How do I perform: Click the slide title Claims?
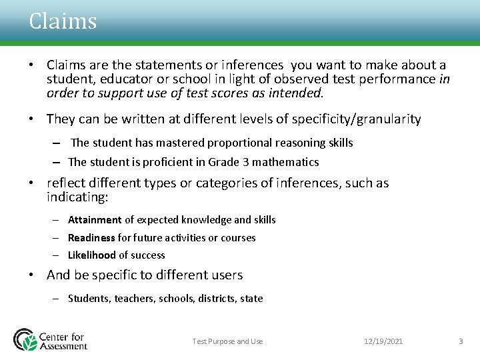[x=63, y=21]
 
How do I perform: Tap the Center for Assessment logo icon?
[x=25, y=339]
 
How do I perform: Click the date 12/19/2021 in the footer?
[x=383, y=341]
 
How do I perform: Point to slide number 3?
[x=460, y=341]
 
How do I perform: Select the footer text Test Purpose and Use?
[x=227, y=341]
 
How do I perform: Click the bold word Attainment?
[x=95, y=220]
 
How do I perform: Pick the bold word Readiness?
[x=91, y=237]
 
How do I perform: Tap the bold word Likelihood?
[x=92, y=255]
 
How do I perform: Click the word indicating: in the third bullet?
[x=77, y=197]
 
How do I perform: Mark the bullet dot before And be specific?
[x=31, y=275]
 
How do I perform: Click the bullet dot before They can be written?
[x=31, y=120]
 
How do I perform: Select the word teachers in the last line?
[x=134, y=299]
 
